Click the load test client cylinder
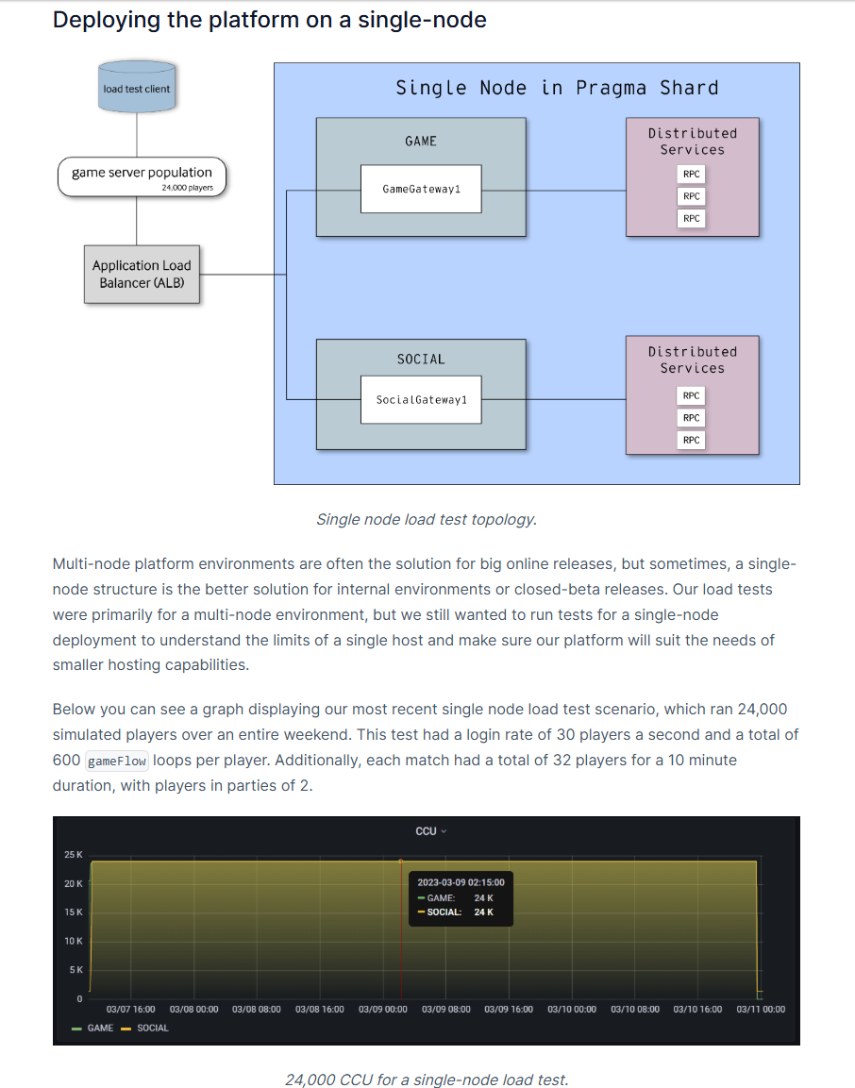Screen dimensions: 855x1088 [x=137, y=87]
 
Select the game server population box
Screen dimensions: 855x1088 [x=142, y=177]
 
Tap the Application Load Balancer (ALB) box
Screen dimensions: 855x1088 [x=142, y=274]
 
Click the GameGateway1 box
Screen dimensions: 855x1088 [x=421, y=189]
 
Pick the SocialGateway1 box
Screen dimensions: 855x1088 [x=421, y=400]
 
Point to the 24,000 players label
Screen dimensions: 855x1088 [x=188, y=188]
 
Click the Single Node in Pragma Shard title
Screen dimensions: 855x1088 [x=558, y=88]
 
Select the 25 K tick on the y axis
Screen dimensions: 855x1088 [x=74, y=855]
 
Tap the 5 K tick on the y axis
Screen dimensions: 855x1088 [x=75, y=970]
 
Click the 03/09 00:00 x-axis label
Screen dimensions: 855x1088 [x=383, y=1010]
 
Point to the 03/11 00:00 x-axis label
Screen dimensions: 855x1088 [x=761, y=1010]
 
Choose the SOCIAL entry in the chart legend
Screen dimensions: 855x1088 [x=145, y=1029]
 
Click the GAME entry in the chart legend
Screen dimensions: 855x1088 [x=93, y=1029]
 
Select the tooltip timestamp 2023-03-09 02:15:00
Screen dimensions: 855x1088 [x=461, y=882]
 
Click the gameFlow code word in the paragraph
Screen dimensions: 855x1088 [x=117, y=762]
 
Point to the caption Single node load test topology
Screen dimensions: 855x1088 [x=427, y=520]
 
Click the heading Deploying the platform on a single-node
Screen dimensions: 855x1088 [x=270, y=20]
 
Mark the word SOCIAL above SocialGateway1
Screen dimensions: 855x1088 [x=421, y=360]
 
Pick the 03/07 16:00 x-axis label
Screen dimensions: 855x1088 [x=130, y=1010]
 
